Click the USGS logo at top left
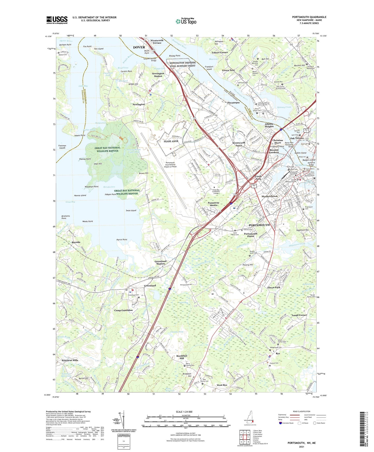pyautogui.click(x=57, y=20)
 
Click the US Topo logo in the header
pyautogui.click(x=186, y=21)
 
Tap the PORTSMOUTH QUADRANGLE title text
pyautogui.click(x=309, y=17)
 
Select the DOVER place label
pyautogui.click(x=139, y=47)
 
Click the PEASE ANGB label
pyautogui.click(x=171, y=141)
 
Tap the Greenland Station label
pyautogui.click(x=160, y=263)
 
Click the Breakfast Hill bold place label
pyautogui.click(x=182, y=357)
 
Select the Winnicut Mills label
pyautogui.click(x=70, y=360)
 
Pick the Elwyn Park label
pyautogui.click(x=274, y=287)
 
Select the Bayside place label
pyautogui.click(x=76, y=242)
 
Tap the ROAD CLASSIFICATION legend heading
pyautogui.click(x=302, y=411)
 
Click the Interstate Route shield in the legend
pyautogui.click(x=281, y=423)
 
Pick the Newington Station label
pyautogui.click(x=158, y=75)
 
